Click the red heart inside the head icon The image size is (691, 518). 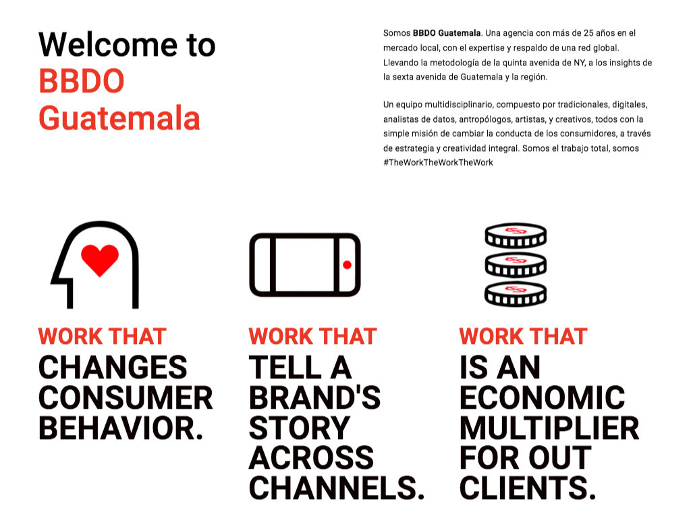click(x=100, y=260)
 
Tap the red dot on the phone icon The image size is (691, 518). click(x=348, y=264)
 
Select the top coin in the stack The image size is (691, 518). click(x=516, y=235)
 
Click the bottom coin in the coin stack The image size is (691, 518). click(x=516, y=294)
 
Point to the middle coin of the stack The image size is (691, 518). click(x=516, y=264)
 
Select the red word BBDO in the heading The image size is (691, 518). click(x=82, y=81)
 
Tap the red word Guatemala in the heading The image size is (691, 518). click(x=119, y=118)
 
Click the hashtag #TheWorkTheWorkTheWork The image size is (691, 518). click(x=438, y=163)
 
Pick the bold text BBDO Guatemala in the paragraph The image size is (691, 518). click(x=447, y=33)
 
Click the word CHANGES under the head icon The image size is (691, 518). click(x=113, y=368)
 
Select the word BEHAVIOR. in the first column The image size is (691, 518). click(x=121, y=428)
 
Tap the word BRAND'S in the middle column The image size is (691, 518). click(x=314, y=398)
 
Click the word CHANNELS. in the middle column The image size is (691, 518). click(x=337, y=488)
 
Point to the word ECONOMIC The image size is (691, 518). click(x=542, y=398)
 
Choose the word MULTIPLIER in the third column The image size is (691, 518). click(x=549, y=428)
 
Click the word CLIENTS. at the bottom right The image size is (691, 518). click(x=528, y=488)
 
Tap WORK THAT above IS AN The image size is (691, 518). click(x=523, y=337)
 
